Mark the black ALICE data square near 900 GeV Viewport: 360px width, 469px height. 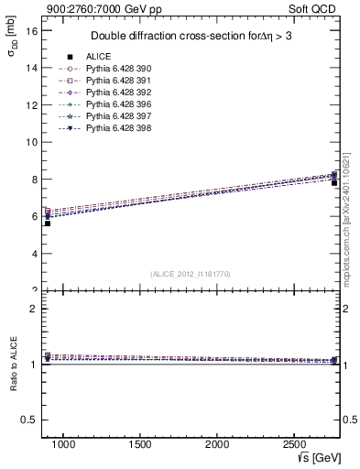coord(48,223)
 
